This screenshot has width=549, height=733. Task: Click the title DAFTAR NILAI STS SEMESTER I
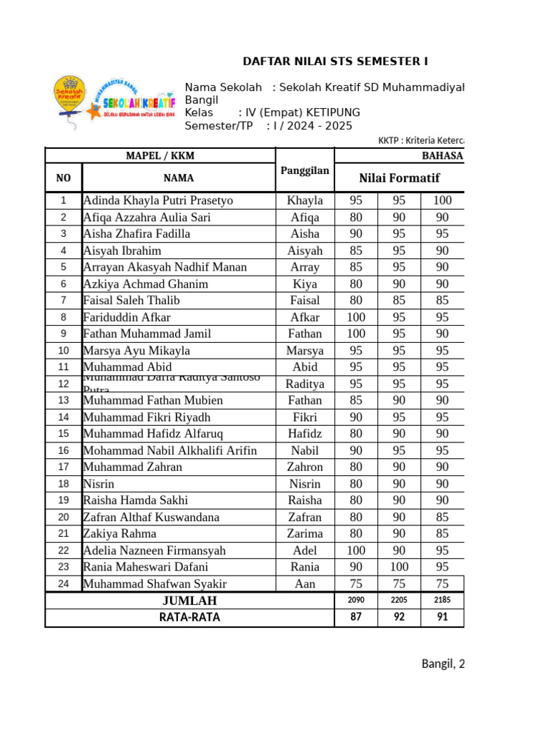click(x=336, y=62)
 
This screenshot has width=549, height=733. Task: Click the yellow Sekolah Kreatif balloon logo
click(x=69, y=100)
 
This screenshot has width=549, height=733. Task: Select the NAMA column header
click(x=178, y=178)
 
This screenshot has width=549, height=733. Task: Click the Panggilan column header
click(x=305, y=170)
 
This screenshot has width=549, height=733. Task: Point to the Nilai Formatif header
click(x=399, y=178)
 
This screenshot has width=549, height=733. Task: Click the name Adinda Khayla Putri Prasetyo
click(x=158, y=200)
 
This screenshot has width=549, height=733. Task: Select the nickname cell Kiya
click(x=305, y=284)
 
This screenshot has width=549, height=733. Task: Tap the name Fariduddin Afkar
click(x=127, y=317)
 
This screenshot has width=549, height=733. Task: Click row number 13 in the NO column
click(x=64, y=400)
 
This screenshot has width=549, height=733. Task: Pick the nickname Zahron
click(x=305, y=467)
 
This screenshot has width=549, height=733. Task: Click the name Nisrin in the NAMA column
click(x=99, y=484)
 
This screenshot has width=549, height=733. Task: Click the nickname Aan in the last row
click(x=305, y=584)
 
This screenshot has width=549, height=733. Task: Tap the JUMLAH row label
click(x=189, y=601)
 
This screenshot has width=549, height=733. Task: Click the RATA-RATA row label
click(x=189, y=617)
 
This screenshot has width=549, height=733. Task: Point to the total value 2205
click(x=399, y=601)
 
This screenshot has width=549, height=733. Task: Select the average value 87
click(x=356, y=617)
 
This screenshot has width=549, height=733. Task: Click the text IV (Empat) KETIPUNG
click(x=302, y=113)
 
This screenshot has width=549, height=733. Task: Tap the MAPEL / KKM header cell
click(x=160, y=156)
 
